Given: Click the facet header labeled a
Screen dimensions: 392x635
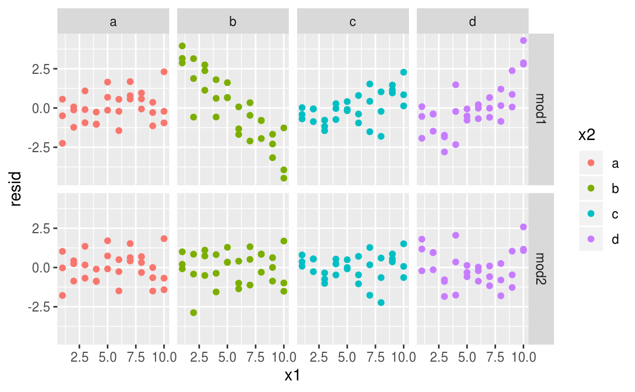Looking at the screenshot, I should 113,22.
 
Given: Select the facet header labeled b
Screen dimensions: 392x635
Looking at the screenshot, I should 233,22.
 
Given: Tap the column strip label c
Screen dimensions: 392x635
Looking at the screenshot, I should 353,22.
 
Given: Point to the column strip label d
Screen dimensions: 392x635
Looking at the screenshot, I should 472,22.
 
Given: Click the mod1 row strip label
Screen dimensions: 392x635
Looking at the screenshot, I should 541,109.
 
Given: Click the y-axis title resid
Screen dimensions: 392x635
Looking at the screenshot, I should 16,189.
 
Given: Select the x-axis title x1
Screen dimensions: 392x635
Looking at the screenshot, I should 293,376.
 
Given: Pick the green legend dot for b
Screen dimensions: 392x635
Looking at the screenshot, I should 591,189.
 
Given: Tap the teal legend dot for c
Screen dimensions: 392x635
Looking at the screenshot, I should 591,214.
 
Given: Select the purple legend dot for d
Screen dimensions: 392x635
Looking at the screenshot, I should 591,239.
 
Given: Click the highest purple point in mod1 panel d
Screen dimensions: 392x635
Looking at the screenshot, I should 523,40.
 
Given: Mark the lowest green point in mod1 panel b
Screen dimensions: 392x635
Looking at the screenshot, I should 284,178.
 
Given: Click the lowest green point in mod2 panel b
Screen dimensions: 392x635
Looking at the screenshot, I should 193,313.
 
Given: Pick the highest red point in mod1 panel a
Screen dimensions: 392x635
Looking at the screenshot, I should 164,72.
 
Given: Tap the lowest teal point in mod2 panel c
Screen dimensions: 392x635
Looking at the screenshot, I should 381,303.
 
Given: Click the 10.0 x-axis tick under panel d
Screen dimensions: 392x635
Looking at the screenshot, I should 523,357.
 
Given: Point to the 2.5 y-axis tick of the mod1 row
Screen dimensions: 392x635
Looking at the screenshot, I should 42,69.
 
